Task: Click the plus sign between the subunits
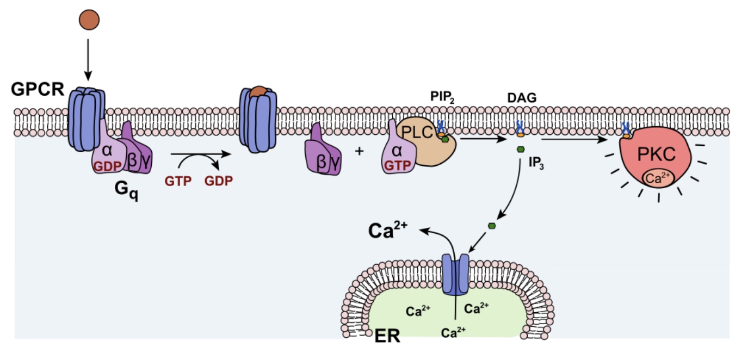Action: [x=359, y=151]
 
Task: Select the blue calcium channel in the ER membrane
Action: [x=456, y=275]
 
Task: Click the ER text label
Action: [x=387, y=336]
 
